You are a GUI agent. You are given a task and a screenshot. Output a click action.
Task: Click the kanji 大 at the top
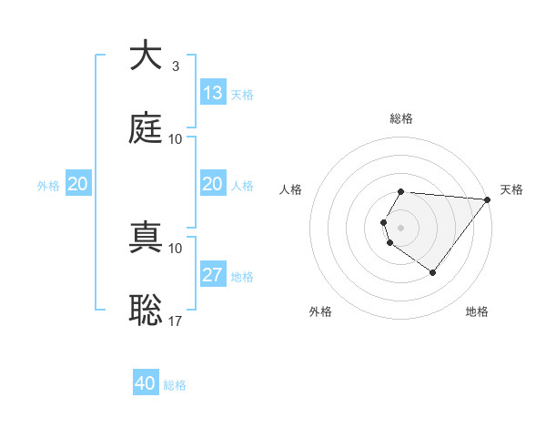(x=146, y=56)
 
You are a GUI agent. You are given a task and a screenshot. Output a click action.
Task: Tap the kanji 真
(x=146, y=238)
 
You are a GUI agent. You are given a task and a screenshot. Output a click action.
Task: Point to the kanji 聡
(x=146, y=310)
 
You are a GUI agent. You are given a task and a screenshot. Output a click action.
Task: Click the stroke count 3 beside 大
(x=175, y=66)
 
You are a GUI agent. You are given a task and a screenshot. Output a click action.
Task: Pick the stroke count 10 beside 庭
(x=176, y=139)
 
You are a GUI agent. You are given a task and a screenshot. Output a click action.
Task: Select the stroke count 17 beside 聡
(x=176, y=321)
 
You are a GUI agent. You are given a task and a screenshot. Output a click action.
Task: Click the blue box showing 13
(x=213, y=93)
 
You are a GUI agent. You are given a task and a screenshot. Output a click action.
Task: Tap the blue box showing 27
(x=213, y=275)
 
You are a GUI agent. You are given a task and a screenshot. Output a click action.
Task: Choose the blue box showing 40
(x=146, y=383)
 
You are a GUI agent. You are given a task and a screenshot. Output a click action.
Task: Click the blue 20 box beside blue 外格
(x=78, y=184)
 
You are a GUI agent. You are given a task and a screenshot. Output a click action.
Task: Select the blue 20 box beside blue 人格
(x=213, y=184)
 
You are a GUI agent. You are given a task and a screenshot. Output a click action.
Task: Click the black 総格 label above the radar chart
(x=401, y=118)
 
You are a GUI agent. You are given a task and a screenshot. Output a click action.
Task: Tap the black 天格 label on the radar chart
(x=512, y=189)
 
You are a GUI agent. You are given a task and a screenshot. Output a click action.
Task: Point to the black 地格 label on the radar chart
(x=477, y=311)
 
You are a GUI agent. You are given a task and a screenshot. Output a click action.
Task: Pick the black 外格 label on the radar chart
(x=320, y=311)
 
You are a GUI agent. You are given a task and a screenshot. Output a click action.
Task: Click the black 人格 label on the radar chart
(x=291, y=189)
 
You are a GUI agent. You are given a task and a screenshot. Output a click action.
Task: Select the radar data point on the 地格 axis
(x=432, y=272)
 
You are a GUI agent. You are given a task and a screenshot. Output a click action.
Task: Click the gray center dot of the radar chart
(x=401, y=227)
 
